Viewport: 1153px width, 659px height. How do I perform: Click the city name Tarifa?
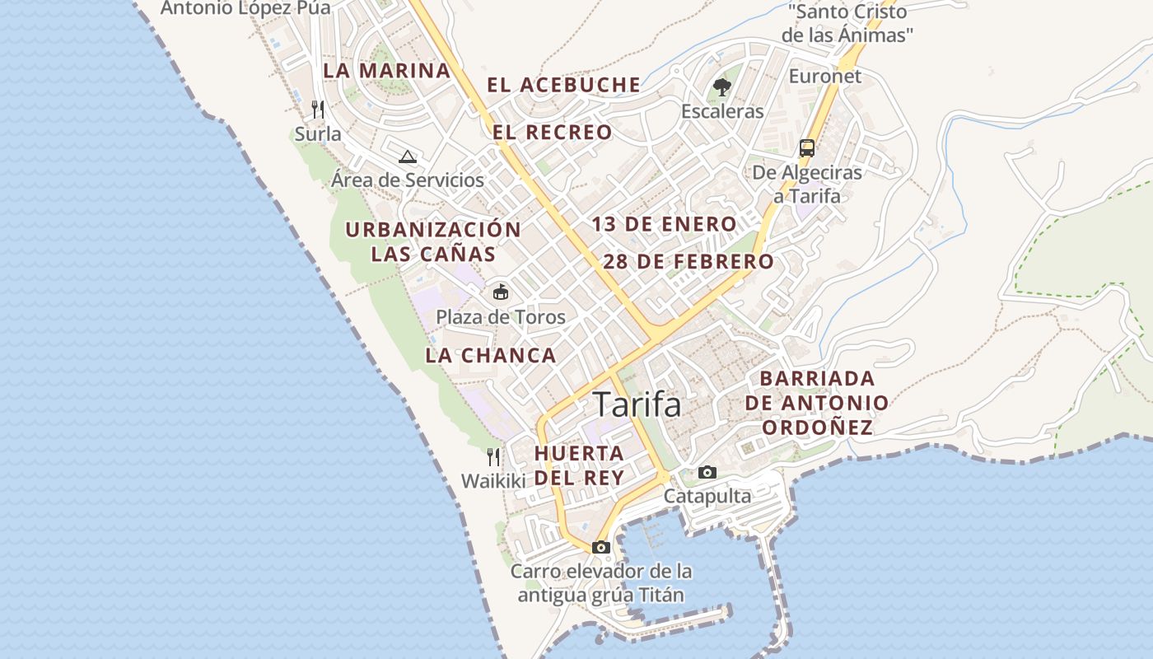pyautogui.click(x=637, y=404)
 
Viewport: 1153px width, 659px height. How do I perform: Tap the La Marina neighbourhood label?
pyautogui.click(x=386, y=70)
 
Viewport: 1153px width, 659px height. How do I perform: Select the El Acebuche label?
pyautogui.click(x=563, y=84)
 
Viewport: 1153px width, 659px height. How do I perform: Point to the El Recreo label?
pyautogui.click(x=553, y=132)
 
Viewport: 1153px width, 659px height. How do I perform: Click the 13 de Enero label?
pyautogui.click(x=664, y=224)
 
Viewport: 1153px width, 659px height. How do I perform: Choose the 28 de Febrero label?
pyautogui.click(x=689, y=262)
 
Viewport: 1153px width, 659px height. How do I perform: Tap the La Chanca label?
pyautogui.click(x=491, y=356)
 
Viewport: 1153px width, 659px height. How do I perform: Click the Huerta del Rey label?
pyautogui.click(x=579, y=465)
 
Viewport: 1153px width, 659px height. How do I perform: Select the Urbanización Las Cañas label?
pyautogui.click(x=433, y=241)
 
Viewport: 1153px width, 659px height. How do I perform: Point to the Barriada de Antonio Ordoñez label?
pyautogui.click(x=816, y=403)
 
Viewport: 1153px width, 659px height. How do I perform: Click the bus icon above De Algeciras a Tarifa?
pyautogui.click(x=807, y=148)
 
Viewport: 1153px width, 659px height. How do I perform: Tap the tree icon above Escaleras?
pyautogui.click(x=722, y=86)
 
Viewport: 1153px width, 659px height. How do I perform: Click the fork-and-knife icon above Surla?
pyautogui.click(x=318, y=110)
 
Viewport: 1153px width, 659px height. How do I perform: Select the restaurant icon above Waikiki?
pyautogui.click(x=493, y=456)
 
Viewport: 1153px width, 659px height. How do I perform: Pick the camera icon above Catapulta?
pyautogui.click(x=707, y=472)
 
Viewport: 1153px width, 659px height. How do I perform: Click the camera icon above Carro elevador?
pyautogui.click(x=601, y=547)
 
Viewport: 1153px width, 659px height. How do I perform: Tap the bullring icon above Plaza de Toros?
pyautogui.click(x=500, y=292)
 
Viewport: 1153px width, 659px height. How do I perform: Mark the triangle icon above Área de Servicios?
pyautogui.click(x=407, y=157)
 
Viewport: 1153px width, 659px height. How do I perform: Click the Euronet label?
pyautogui.click(x=825, y=77)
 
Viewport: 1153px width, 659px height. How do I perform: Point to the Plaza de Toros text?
pyautogui.click(x=501, y=317)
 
